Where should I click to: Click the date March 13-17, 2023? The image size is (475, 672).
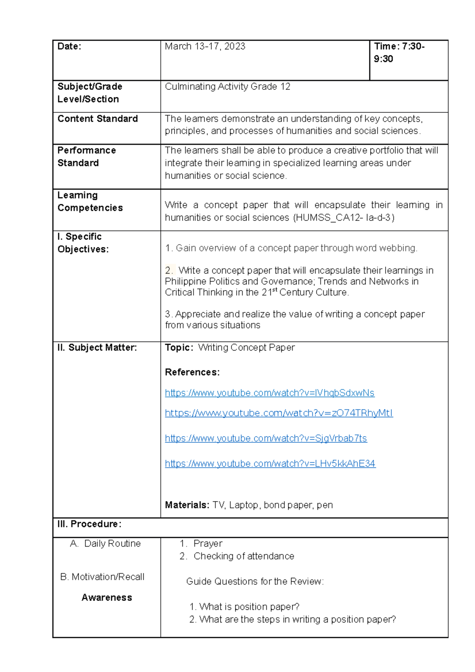(x=205, y=47)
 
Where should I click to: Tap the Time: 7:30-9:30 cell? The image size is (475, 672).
(x=399, y=53)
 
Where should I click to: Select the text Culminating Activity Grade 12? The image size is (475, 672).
(x=227, y=87)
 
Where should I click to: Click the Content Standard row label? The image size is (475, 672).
(x=97, y=119)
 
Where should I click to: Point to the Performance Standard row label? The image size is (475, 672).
(x=87, y=157)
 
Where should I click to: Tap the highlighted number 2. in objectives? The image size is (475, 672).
(x=169, y=271)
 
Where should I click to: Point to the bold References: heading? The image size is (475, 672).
(x=192, y=372)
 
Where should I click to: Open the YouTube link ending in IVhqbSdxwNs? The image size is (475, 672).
(x=270, y=393)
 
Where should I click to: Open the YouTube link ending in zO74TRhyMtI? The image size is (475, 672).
(x=279, y=413)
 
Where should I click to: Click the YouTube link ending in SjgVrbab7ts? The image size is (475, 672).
(x=266, y=439)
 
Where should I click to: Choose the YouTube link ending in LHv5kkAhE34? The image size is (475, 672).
(x=270, y=464)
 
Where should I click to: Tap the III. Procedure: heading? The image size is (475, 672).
(x=89, y=524)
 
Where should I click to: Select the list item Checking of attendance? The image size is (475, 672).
(x=243, y=556)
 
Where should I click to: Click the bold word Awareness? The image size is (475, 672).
(x=107, y=598)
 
